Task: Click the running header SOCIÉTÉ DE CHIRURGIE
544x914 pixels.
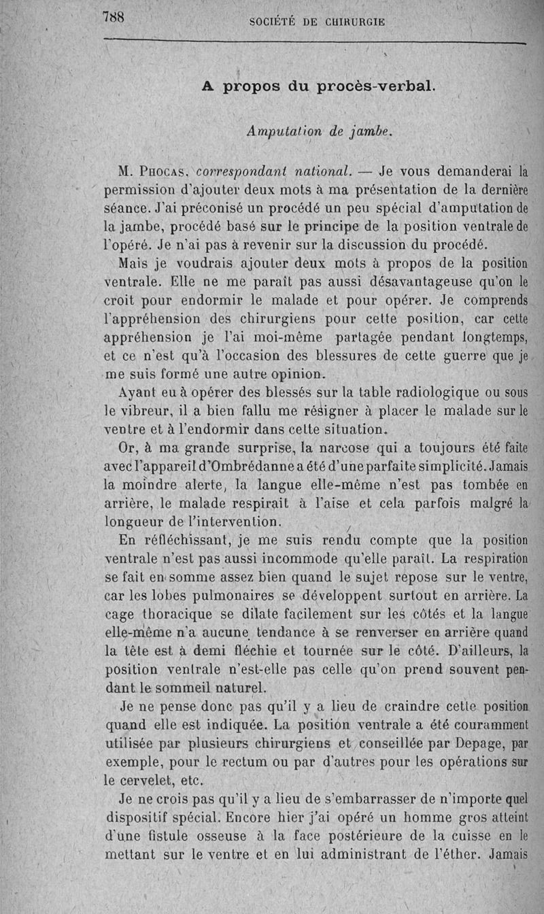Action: pyautogui.click(x=318, y=22)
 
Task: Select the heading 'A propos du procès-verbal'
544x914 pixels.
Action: pyautogui.click(x=318, y=87)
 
